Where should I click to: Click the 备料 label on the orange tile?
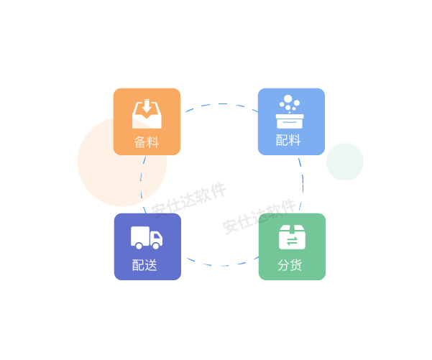click(x=146, y=142)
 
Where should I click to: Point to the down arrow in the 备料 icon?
click(x=146, y=106)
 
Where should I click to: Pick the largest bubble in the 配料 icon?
click(x=288, y=100)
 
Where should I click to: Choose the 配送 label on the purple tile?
click(x=144, y=265)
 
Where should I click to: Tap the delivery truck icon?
click(x=146, y=238)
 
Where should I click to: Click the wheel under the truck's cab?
click(x=156, y=246)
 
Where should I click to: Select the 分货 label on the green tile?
click(x=290, y=265)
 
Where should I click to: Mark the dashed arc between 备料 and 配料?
click(x=219, y=105)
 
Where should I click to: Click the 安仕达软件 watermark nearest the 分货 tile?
click(x=259, y=216)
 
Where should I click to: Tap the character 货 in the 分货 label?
click(x=295, y=265)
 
